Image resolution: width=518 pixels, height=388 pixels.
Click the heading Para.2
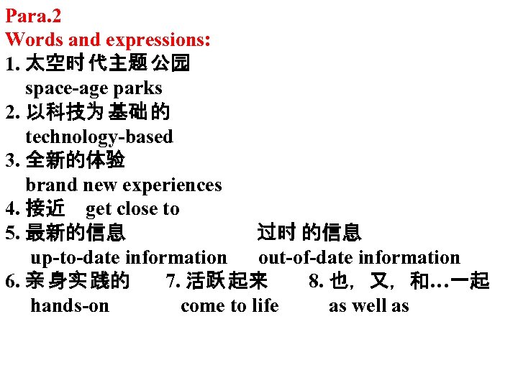(x=32, y=15)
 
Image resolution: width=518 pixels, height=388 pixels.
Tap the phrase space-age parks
(x=94, y=88)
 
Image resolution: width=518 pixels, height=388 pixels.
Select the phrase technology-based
(x=99, y=137)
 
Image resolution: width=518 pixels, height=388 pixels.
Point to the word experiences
(x=172, y=185)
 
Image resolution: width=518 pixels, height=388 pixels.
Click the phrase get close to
(x=132, y=209)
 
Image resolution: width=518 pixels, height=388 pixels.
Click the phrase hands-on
(x=70, y=305)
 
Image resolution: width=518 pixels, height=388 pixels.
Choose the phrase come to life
(x=230, y=305)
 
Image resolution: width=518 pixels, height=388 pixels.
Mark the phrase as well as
(x=369, y=305)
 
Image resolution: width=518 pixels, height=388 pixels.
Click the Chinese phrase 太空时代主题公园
(x=107, y=64)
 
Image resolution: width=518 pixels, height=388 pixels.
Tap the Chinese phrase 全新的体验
(x=75, y=160)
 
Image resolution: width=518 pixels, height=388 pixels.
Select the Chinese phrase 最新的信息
(x=75, y=233)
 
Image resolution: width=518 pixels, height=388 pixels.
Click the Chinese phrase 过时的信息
(x=309, y=233)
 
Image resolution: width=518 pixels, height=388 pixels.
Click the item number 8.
(x=316, y=281)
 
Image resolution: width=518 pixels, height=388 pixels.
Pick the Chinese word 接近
(x=45, y=209)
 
